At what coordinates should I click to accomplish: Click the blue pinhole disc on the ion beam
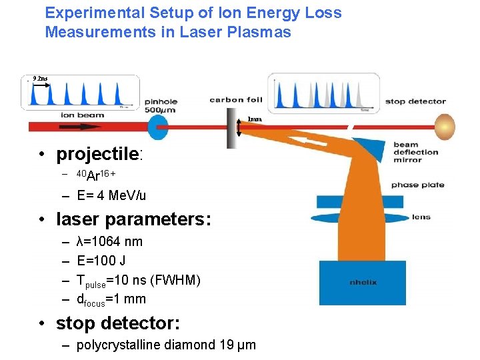158,125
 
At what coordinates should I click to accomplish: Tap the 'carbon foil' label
236,101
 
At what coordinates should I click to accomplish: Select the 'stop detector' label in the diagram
415,102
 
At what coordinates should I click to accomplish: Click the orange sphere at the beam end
445,126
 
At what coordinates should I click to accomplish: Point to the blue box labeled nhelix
362,283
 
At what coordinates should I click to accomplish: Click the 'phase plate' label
414,185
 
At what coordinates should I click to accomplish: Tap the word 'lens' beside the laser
421,217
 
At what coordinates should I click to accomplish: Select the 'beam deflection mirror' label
416,152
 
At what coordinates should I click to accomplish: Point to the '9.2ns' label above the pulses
40,79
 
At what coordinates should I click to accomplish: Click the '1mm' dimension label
255,120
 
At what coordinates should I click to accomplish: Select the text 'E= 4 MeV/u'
111,196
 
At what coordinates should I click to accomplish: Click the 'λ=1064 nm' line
109,241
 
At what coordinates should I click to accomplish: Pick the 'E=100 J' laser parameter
102,261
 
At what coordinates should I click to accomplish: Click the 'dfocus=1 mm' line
111,299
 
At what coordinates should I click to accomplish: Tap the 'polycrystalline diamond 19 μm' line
166,345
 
